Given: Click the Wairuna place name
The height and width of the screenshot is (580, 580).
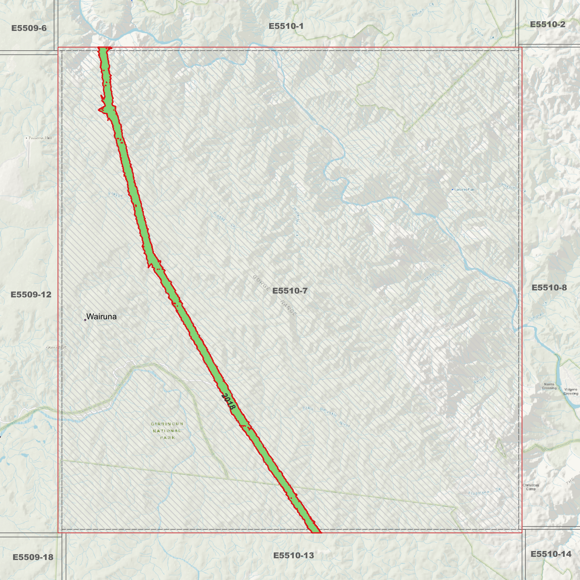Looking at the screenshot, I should (102, 317).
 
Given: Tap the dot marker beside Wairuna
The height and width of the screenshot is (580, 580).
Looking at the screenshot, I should (85, 320).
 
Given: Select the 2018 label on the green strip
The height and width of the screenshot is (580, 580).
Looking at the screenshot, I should (228, 402).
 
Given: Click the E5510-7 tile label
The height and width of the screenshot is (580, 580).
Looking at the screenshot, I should (290, 291).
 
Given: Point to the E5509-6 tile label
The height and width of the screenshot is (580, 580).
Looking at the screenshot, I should (29, 28).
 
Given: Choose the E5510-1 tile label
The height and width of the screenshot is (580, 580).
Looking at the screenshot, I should (286, 26).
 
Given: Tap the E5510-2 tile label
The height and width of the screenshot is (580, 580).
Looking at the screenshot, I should (547, 24).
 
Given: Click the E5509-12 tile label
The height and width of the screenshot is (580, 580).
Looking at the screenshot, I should (31, 295).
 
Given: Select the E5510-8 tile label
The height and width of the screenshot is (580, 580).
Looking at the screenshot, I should (549, 288).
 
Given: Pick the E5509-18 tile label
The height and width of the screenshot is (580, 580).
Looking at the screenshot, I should (33, 557).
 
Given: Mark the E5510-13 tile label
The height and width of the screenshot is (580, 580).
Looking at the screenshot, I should (293, 556).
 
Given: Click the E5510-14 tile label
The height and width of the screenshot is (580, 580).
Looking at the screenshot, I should (551, 554).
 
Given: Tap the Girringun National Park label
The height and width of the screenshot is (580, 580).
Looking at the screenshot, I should (167, 431).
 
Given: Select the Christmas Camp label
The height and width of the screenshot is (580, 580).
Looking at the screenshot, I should (531, 487).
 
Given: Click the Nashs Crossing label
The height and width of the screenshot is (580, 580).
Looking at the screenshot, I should (549, 386).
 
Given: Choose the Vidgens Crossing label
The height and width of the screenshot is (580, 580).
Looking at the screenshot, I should (570, 391).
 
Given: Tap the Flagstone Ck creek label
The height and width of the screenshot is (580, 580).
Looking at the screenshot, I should (484, 491).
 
